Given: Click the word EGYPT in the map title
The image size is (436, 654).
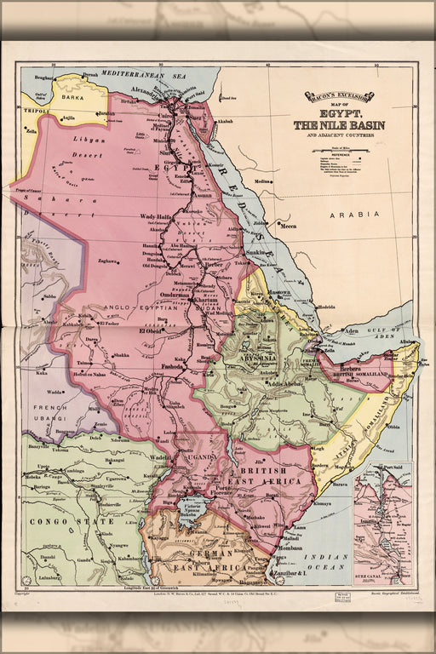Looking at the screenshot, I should pos(339,112).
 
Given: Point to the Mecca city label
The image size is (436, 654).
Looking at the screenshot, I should pos(289,227).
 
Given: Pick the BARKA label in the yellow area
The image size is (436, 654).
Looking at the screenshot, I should pos(73,97).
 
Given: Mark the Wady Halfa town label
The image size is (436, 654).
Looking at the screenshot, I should pos(157,217).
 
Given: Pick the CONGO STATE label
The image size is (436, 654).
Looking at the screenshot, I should pos(59,520).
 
